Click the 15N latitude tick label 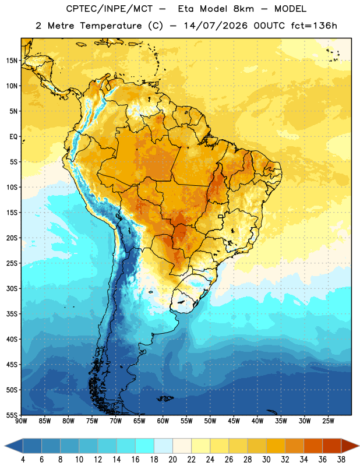click(12, 61)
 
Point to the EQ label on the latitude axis click(13, 137)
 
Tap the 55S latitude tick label click(12, 415)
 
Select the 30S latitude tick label click(12, 288)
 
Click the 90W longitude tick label click(21, 421)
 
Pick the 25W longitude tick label click(328, 421)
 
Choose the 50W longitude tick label click(210, 421)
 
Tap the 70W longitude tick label click(116, 421)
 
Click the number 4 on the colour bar click(23, 460)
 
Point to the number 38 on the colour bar click(341, 460)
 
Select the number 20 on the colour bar click(172, 460)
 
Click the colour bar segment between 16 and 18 click(145, 446)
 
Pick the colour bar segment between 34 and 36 click(313, 446)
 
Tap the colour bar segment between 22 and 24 click(201, 446)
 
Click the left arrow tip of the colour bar click(5, 446)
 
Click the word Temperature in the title click(111, 26)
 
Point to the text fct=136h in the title click(314, 26)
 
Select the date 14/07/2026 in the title click(216, 26)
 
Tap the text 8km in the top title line click(243, 9)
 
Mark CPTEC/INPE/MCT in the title click(109, 9)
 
